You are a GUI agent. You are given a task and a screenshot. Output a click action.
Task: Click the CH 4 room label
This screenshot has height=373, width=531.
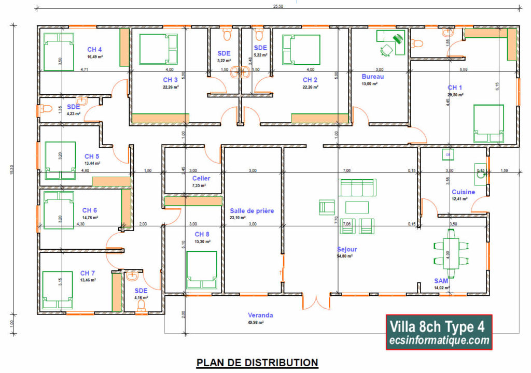(94, 49)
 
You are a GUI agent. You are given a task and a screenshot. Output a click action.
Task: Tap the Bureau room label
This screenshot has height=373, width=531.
(372, 76)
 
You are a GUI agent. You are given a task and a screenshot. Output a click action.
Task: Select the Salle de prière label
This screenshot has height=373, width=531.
(251, 211)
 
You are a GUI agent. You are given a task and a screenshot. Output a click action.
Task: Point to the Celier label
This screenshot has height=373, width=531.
(201, 178)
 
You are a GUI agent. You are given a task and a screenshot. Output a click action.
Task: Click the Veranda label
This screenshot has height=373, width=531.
(260, 315)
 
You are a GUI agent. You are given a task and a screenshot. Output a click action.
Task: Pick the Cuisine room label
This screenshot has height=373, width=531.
(463, 192)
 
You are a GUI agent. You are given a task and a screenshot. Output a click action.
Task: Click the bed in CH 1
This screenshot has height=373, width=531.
(488, 123)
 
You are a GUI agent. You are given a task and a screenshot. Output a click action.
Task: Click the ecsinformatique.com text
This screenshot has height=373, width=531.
(439, 340)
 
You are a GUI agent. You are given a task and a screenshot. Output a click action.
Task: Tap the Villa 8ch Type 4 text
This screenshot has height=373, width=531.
(438, 326)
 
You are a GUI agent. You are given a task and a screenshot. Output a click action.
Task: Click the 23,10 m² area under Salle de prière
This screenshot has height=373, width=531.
(251, 218)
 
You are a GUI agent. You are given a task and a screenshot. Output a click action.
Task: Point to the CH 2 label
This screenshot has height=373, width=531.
(310, 80)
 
